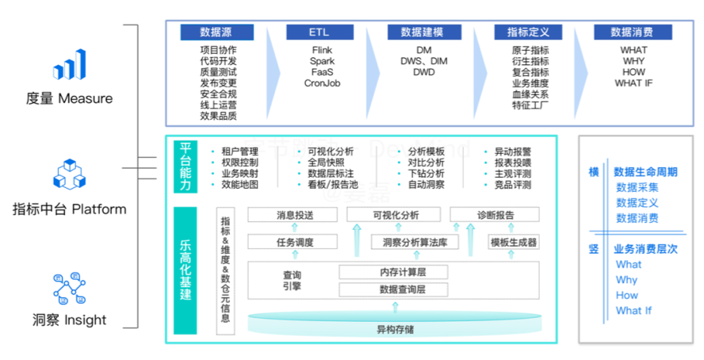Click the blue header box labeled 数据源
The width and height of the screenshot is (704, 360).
coord(216,33)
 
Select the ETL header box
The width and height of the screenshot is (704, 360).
coord(319,33)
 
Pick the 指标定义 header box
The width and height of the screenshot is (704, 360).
coord(529,33)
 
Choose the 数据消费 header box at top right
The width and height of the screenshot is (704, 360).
coord(632,33)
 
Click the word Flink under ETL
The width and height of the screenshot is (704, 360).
coord(322,50)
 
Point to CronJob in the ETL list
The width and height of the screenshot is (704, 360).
coord(322,82)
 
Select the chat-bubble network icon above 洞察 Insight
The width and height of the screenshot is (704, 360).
coord(69,289)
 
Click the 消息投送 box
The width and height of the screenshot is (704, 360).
coord(294,215)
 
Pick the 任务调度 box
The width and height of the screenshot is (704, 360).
coord(294,243)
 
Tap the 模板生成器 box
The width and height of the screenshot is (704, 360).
coord(513,243)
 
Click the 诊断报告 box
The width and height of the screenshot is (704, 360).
coord(495,215)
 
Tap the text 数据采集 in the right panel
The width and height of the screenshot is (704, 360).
coord(637,188)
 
